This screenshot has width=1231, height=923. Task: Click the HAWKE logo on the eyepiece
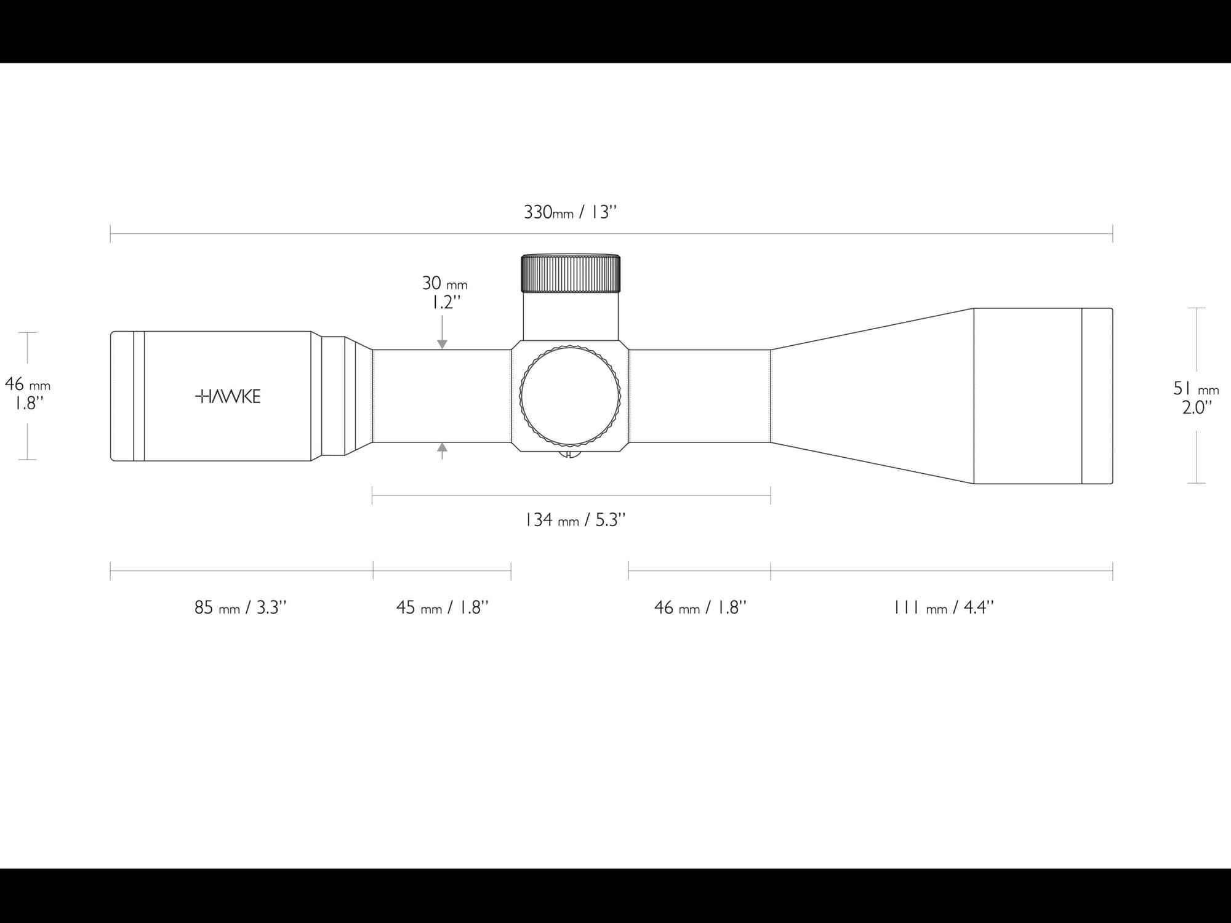coord(228,396)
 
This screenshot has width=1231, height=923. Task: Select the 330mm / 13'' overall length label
coord(570,212)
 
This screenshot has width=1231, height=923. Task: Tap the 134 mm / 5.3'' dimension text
coord(575,520)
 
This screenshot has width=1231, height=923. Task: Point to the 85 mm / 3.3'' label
coord(241,607)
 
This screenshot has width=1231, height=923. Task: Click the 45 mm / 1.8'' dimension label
coord(442,607)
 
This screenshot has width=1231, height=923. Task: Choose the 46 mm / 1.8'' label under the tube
coord(700,607)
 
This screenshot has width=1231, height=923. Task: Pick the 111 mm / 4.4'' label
coord(944,607)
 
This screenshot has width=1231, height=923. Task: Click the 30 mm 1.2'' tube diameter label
coord(444,292)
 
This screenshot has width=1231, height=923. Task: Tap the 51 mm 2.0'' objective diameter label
coord(1196,398)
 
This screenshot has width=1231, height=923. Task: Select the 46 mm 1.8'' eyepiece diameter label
coord(28,393)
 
